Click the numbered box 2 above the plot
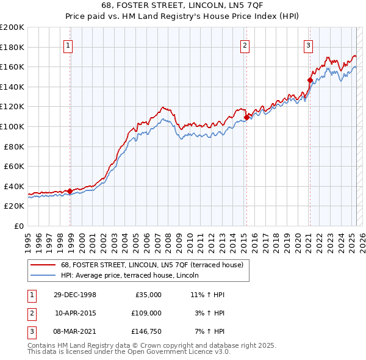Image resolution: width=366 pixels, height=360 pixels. pyautogui.click(x=244, y=45)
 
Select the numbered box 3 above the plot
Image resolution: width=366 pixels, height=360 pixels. pyautogui.click(x=309, y=45)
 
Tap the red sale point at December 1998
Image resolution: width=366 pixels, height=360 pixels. pyautogui.click(x=70, y=191)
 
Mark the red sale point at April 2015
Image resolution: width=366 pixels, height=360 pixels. pyautogui.click(x=246, y=117)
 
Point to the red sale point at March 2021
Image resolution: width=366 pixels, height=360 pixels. pyautogui.click(x=310, y=80)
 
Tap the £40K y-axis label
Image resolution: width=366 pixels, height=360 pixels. pyautogui.click(x=14, y=186)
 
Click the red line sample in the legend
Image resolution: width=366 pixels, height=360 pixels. pyautogui.click(x=43, y=265)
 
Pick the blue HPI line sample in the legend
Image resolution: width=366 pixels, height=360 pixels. pyautogui.click(x=43, y=275)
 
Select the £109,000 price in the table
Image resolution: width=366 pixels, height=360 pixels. pyautogui.click(x=146, y=313)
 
